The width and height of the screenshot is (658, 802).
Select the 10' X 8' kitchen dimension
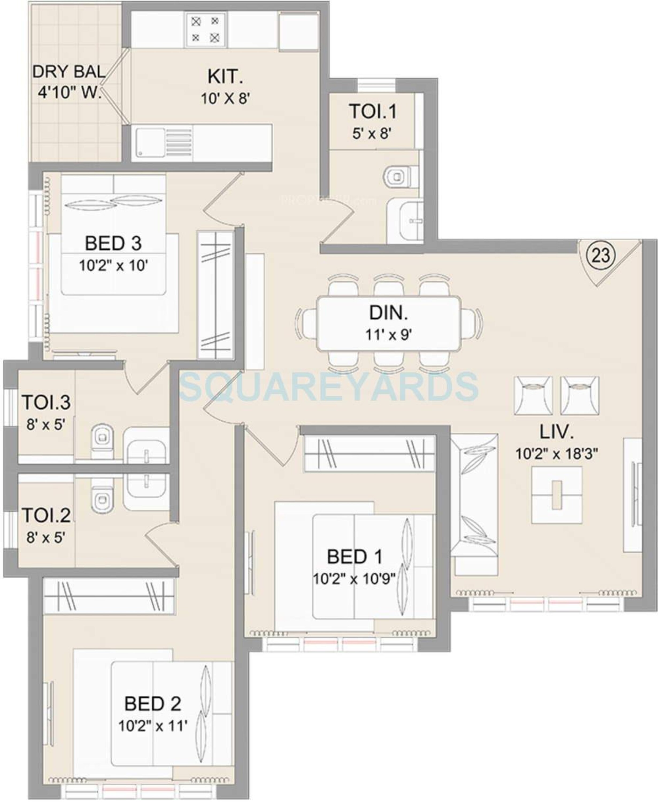[x=225, y=99]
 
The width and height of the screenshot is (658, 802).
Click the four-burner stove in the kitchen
[x=205, y=30]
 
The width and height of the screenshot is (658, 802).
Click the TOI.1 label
[x=373, y=111]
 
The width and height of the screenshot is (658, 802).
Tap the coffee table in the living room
[x=556, y=495]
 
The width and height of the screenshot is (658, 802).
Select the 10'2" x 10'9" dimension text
[x=354, y=579]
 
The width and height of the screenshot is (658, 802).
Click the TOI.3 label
[x=46, y=402]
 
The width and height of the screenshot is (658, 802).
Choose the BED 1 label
[x=354, y=557]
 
